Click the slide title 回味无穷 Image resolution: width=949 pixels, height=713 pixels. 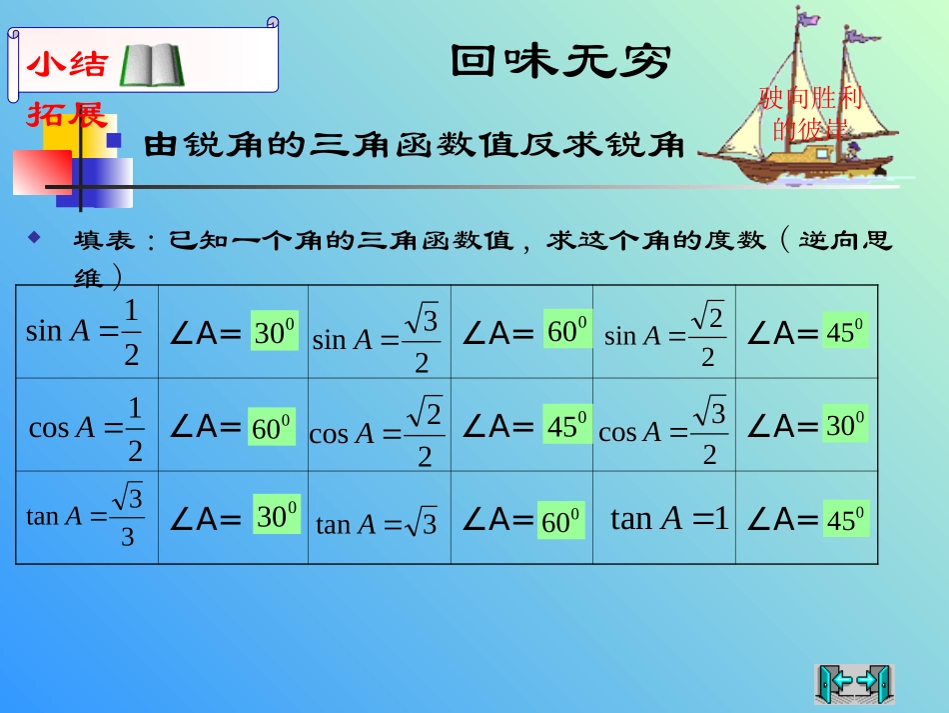(558, 62)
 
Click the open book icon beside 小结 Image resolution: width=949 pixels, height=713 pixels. (152, 65)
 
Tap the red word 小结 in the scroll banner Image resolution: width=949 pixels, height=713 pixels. (67, 65)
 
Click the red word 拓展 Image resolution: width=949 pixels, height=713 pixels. (66, 115)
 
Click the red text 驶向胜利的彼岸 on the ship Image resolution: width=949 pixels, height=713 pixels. (810, 113)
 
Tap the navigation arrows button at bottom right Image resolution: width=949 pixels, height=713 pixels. (854, 683)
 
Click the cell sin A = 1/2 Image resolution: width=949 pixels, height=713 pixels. (85, 331)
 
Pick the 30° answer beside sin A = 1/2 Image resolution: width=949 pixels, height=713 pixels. (274, 332)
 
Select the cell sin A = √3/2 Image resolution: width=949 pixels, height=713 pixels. (378, 338)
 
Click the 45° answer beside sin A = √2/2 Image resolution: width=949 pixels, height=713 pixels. (845, 331)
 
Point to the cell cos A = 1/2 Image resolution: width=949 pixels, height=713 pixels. (86, 427)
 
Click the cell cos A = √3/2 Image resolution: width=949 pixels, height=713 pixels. (663, 430)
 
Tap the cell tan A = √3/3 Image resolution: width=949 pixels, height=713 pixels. (86, 516)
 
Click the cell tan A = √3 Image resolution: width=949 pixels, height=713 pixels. (377, 523)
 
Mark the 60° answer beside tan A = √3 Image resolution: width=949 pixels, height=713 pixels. (561, 521)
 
